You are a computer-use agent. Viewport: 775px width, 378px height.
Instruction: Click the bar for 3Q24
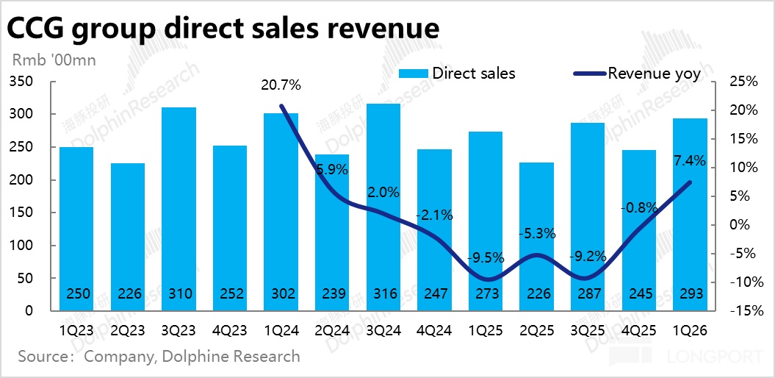click(383, 207)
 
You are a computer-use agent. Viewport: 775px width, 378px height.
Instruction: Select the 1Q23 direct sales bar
click(76, 229)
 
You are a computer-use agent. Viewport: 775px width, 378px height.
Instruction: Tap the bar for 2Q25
click(536, 236)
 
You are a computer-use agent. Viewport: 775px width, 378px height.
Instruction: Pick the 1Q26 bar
click(689, 214)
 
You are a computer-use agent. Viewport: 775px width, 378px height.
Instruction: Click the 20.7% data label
click(281, 85)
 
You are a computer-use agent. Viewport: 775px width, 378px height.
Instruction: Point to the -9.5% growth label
click(486, 258)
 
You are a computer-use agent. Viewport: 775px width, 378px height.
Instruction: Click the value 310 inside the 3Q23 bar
click(179, 294)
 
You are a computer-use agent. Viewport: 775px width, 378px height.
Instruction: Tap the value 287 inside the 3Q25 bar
click(588, 294)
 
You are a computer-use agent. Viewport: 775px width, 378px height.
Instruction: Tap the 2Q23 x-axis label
click(128, 331)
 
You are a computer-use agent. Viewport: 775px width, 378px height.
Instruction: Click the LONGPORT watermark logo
click(702, 357)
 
